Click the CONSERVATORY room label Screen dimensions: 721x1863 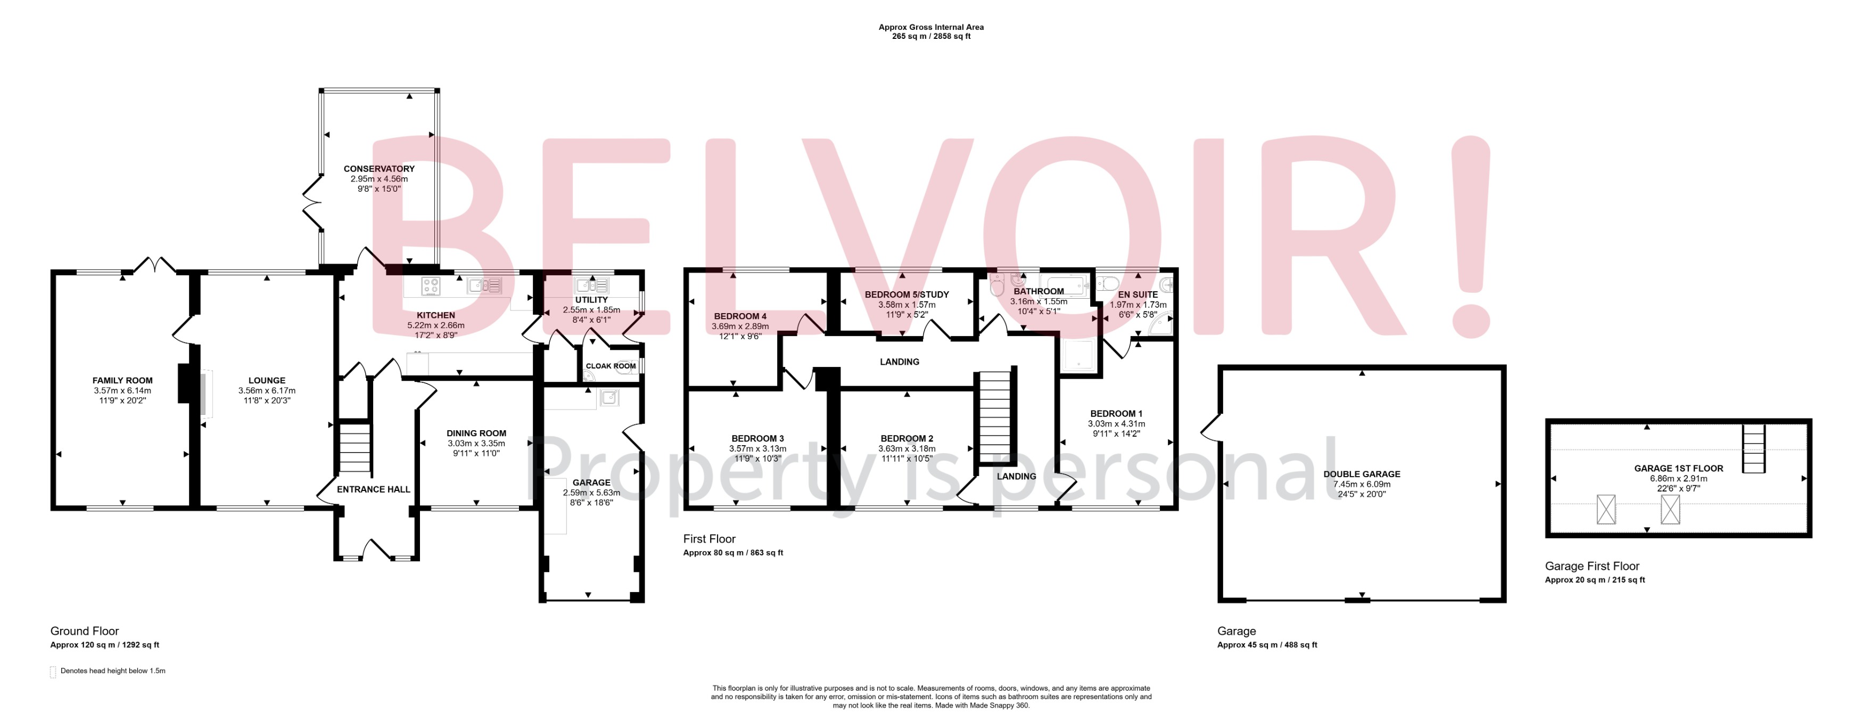point(379,168)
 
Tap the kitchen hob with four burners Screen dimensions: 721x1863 point(431,286)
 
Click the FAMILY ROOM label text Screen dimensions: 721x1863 point(122,380)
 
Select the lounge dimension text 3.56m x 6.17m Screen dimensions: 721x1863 point(267,390)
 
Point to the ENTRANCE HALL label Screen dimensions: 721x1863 point(373,489)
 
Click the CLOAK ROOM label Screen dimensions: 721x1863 point(611,366)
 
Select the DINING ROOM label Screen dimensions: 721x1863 point(476,433)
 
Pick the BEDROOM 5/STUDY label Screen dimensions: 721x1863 point(906,294)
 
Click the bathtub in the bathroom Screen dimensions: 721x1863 point(1063,285)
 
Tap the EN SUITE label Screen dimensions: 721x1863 point(1137,294)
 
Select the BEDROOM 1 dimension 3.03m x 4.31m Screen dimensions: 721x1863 point(1116,424)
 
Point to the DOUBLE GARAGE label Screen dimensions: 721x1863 point(1361,474)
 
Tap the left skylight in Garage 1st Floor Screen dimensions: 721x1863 point(1605,509)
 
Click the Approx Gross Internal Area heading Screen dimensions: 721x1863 point(931,28)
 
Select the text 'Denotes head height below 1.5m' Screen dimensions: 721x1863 point(113,671)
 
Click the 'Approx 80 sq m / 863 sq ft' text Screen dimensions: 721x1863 point(732,553)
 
